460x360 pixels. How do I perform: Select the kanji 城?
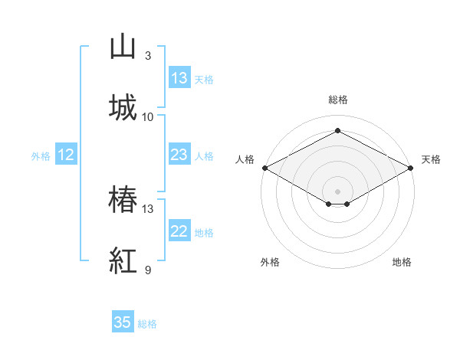pyautogui.click(x=123, y=107)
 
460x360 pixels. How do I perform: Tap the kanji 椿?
pyautogui.click(x=123, y=198)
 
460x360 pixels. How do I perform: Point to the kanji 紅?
pyautogui.click(x=123, y=260)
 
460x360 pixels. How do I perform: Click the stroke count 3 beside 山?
pyautogui.click(x=148, y=56)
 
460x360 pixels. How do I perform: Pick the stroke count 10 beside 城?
pyautogui.click(x=147, y=117)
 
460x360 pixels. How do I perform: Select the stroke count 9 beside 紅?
pyautogui.click(x=148, y=270)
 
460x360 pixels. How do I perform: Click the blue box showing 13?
pyautogui.click(x=179, y=77)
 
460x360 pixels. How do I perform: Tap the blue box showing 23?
pyautogui.click(x=179, y=154)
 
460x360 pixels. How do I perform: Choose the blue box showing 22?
pyautogui.click(x=179, y=230)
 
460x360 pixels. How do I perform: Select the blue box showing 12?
pyautogui.click(x=66, y=154)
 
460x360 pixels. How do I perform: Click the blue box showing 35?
pyautogui.click(x=123, y=321)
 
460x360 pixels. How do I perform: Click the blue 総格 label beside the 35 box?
pyautogui.click(x=147, y=324)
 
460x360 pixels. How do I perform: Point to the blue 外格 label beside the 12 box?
pyautogui.click(x=41, y=156)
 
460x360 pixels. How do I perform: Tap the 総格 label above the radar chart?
pyautogui.click(x=338, y=100)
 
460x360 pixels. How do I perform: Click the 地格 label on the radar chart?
pyautogui.click(x=402, y=262)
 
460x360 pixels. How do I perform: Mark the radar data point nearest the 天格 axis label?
pyautogui.click(x=411, y=168)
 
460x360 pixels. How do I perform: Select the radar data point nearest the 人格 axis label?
pyautogui.click(x=265, y=168)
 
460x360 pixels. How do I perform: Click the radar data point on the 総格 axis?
pyautogui.click(x=337, y=130)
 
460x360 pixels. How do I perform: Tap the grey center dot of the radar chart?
pyautogui.click(x=337, y=191)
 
